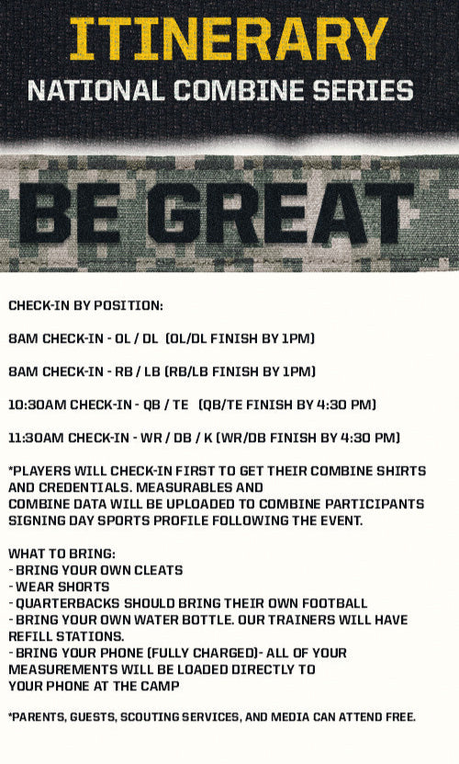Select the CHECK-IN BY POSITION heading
point(85,305)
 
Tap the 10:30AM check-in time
point(38,405)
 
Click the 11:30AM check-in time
point(38,438)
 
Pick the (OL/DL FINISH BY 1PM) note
point(240,338)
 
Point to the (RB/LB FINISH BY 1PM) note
point(240,371)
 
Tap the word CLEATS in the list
point(156,570)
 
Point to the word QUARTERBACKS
point(70,603)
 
